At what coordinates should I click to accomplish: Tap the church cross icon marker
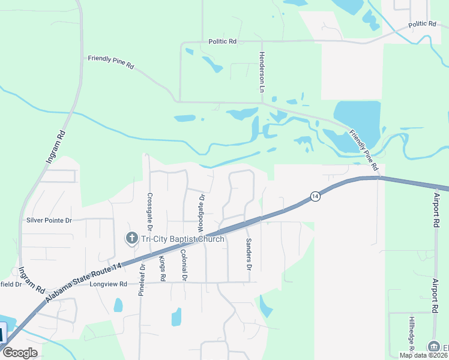pyautogui.click(x=131, y=239)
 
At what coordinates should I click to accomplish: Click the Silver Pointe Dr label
pyautogui.click(x=49, y=220)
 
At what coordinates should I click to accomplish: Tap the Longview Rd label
pyautogui.click(x=109, y=284)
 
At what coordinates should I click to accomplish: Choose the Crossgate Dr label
pyautogui.click(x=150, y=212)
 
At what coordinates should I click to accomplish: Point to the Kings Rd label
pyautogui.click(x=162, y=269)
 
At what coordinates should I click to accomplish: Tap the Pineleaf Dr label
pyautogui.click(x=142, y=280)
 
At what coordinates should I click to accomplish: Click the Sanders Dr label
pyautogui.click(x=248, y=254)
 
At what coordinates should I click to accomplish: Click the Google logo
pyautogui.click(x=20, y=353)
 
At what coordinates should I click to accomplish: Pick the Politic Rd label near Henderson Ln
pyautogui.click(x=223, y=41)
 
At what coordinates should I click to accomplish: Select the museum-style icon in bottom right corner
pyautogui.click(x=433, y=347)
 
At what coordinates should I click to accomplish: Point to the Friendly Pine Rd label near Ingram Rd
pyautogui.click(x=110, y=62)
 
